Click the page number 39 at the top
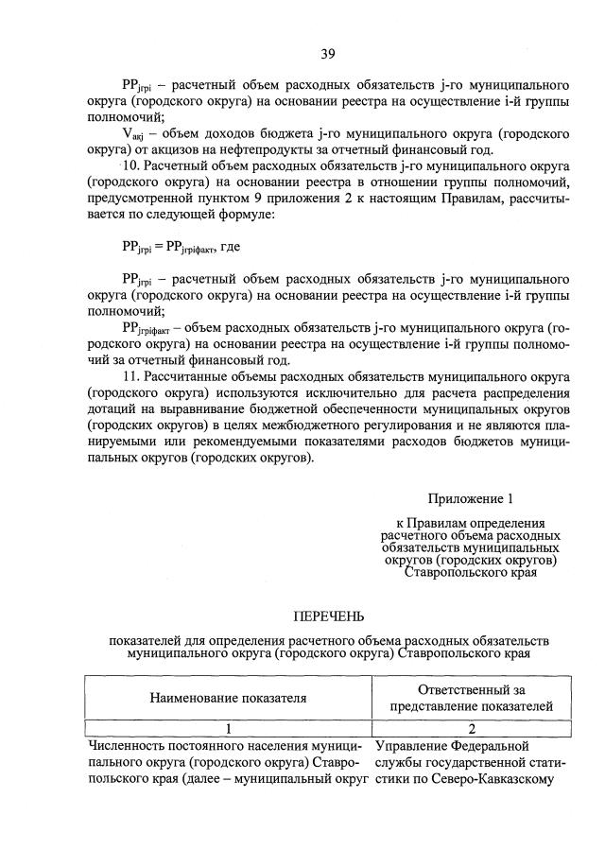pyautogui.click(x=327, y=53)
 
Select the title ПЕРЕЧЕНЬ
pyautogui.click(x=327, y=616)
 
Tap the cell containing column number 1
pyautogui.click(x=228, y=729)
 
